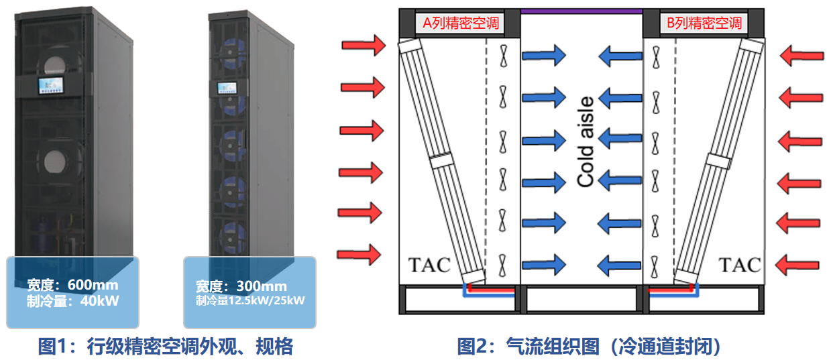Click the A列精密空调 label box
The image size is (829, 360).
460,23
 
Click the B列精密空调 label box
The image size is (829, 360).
704,23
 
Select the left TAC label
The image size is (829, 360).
429,264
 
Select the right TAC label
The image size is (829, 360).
740,264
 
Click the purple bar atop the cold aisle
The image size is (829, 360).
582,11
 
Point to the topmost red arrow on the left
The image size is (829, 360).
363,46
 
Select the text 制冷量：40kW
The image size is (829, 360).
72,300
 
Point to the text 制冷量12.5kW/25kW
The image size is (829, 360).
250,300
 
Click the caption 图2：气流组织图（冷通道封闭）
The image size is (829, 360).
588,346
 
